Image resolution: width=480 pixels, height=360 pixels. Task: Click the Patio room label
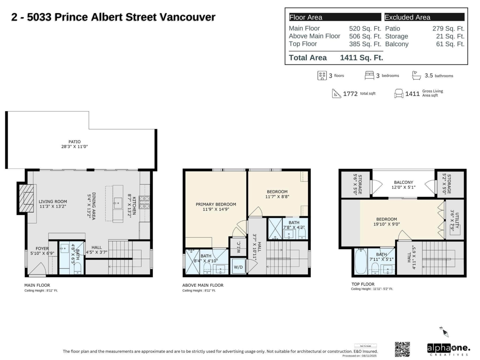pyautogui.click(x=74, y=142)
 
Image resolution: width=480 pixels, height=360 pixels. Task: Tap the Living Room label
pyautogui.click(x=53, y=201)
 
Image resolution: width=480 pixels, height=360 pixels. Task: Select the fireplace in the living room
pyautogui.click(x=28, y=198)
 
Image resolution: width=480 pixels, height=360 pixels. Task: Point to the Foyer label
pyautogui.click(x=42, y=248)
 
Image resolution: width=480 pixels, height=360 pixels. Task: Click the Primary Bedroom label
pyautogui.click(x=216, y=204)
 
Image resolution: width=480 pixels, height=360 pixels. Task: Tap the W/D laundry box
pyautogui.click(x=238, y=267)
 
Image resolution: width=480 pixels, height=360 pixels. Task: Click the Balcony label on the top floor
pyautogui.click(x=403, y=182)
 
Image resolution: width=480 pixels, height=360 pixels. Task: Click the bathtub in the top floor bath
pyautogui.click(x=361, y=262)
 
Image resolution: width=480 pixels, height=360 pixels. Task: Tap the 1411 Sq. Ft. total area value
pyautogui.click(x=361, y=58)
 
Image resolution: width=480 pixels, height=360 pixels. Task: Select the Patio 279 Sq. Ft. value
pyautogui.click(x=448, y=29)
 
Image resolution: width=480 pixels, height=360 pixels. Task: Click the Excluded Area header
pyautogui.click(x=408, y=17)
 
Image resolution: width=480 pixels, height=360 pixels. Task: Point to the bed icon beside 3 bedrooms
pyautogui.click(x=369, y=75)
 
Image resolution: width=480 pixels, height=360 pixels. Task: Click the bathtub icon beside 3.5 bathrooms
pyautogui.click(x=417, y=75)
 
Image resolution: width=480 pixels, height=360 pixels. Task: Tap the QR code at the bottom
pyautogui.click(x=402, y=349)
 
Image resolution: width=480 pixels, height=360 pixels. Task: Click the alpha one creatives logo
pyautogui.click(x=448, y=349)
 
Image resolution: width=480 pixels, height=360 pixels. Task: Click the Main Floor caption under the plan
pyautogui.click(x=37, y=285)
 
